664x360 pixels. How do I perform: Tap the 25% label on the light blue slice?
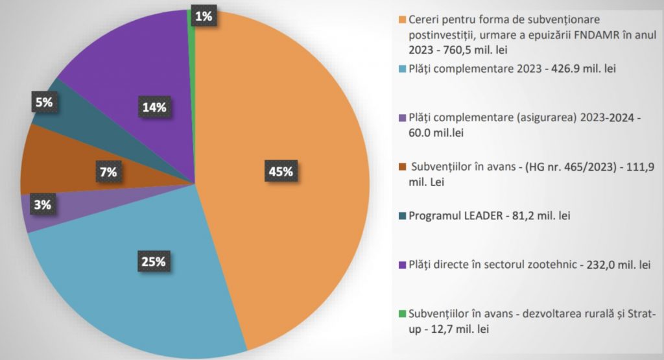154,262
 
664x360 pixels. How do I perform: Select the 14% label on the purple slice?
154,107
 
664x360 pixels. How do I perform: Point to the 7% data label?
108,172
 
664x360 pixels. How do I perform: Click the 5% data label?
43,102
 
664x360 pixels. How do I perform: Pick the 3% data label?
43,205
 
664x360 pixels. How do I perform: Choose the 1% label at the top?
203,16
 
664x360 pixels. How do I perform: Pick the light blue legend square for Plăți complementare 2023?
403,69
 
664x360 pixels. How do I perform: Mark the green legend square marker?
403,314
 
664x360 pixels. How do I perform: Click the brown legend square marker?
403,167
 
